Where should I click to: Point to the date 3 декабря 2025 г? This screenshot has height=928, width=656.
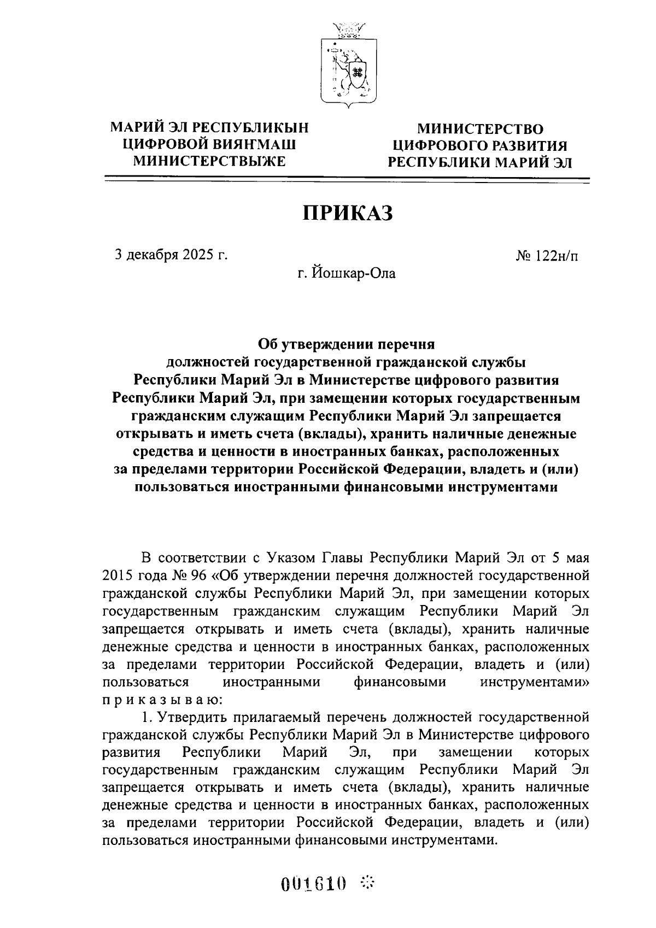(x=170, y=255)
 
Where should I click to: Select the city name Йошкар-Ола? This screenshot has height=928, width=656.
(x=353, y=273)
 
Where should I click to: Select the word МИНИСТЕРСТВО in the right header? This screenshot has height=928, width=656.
(x=480, y=129)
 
